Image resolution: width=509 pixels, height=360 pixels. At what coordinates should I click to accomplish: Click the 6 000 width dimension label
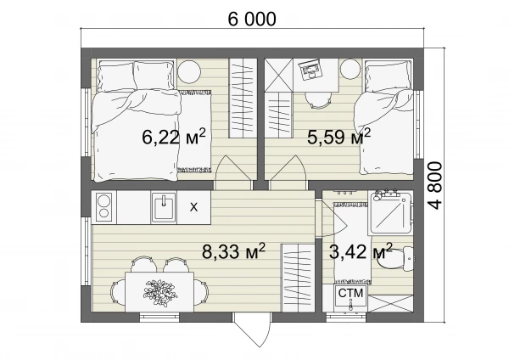pos(252,19)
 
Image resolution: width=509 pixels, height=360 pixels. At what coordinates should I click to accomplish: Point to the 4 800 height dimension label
pos(435,186)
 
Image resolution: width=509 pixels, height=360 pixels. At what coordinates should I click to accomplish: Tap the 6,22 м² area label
pos(174,137)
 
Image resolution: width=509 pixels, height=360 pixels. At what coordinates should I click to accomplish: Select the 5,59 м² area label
pos(338,137)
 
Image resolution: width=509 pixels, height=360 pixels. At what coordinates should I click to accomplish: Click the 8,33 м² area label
pos(234,251)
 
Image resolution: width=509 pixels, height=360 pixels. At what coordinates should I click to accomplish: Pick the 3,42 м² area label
pos(361,251)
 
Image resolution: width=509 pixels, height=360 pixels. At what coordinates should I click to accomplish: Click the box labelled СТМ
pos(350,295)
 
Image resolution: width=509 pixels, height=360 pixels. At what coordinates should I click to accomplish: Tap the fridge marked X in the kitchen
pos(193,207)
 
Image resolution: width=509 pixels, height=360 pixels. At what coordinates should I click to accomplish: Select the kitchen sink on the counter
pos(164,207)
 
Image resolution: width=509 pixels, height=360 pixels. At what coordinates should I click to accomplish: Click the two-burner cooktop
pos(103,207)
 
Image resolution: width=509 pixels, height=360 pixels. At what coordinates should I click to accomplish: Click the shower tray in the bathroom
pos(391,212)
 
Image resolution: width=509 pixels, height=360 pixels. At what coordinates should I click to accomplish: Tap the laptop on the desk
pos(310,70)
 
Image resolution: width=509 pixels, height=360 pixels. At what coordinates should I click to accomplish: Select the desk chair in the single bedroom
pos(319,99)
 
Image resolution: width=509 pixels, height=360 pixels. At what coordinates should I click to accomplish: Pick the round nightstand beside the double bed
pos(189,72)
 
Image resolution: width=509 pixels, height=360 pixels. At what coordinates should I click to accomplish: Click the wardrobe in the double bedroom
pos(243,98)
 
